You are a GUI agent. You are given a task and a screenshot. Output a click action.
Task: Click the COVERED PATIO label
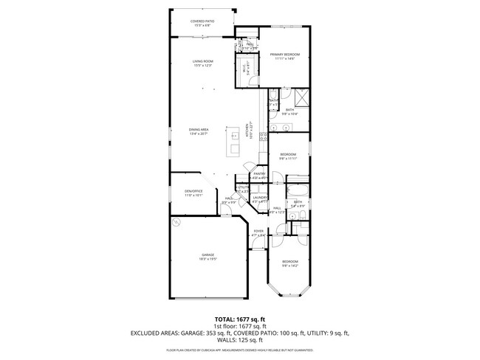click(202, 22)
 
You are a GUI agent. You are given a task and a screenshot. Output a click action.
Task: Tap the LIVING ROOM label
click(202, 62)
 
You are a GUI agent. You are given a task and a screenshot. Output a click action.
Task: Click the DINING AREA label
click(199, 131)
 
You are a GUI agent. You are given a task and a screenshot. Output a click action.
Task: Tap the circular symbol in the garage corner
click(176, 221)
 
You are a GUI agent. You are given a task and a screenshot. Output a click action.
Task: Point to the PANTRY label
click(258, 175)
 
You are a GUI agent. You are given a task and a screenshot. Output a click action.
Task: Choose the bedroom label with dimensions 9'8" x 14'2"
click(289, 263)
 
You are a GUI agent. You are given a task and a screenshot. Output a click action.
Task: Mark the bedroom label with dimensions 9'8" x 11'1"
click(288, 156)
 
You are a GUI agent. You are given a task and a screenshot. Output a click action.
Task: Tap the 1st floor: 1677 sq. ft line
click(239, 325)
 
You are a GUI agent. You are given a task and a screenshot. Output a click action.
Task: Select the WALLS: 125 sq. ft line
click(239, 340)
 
